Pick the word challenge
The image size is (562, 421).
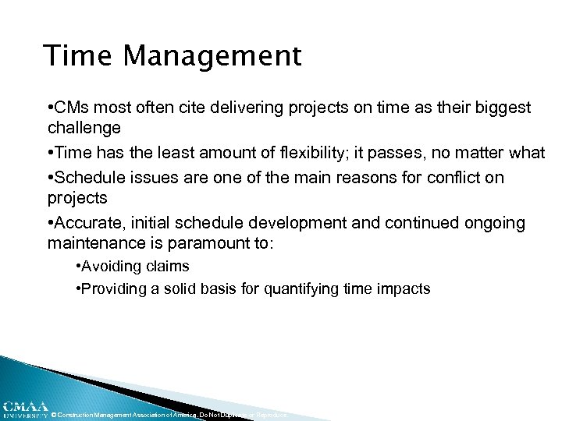tap(84, 126)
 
